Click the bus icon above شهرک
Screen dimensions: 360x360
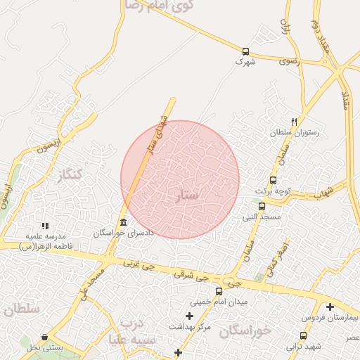pyautogui.click(x=245, y=51)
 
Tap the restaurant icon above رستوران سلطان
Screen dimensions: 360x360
pyautogui.click(x=294, y=122)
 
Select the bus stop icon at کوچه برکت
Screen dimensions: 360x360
pyautogui.click(x=273, y=180)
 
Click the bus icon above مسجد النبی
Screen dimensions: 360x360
pyautogui.click(x=262, y=207)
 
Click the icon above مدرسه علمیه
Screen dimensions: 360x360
pyautogui.click(x=45, y=226)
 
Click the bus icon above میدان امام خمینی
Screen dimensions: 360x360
pyautogui.click(x=219, y=291)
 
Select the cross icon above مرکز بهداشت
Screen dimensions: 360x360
pyautogui.click(x=189, y=316)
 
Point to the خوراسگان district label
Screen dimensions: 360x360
pyautogui.click(x=245, y=331)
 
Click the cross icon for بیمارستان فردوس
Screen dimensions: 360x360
pyautogui.click(x=330, y=306)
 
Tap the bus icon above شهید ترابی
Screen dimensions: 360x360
pyautogui.click(x=303, y=336)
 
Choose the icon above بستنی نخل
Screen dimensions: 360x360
pyautogui.click(x=45, y=337)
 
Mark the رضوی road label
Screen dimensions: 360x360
pyautogui.click(x=288, y=61)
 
